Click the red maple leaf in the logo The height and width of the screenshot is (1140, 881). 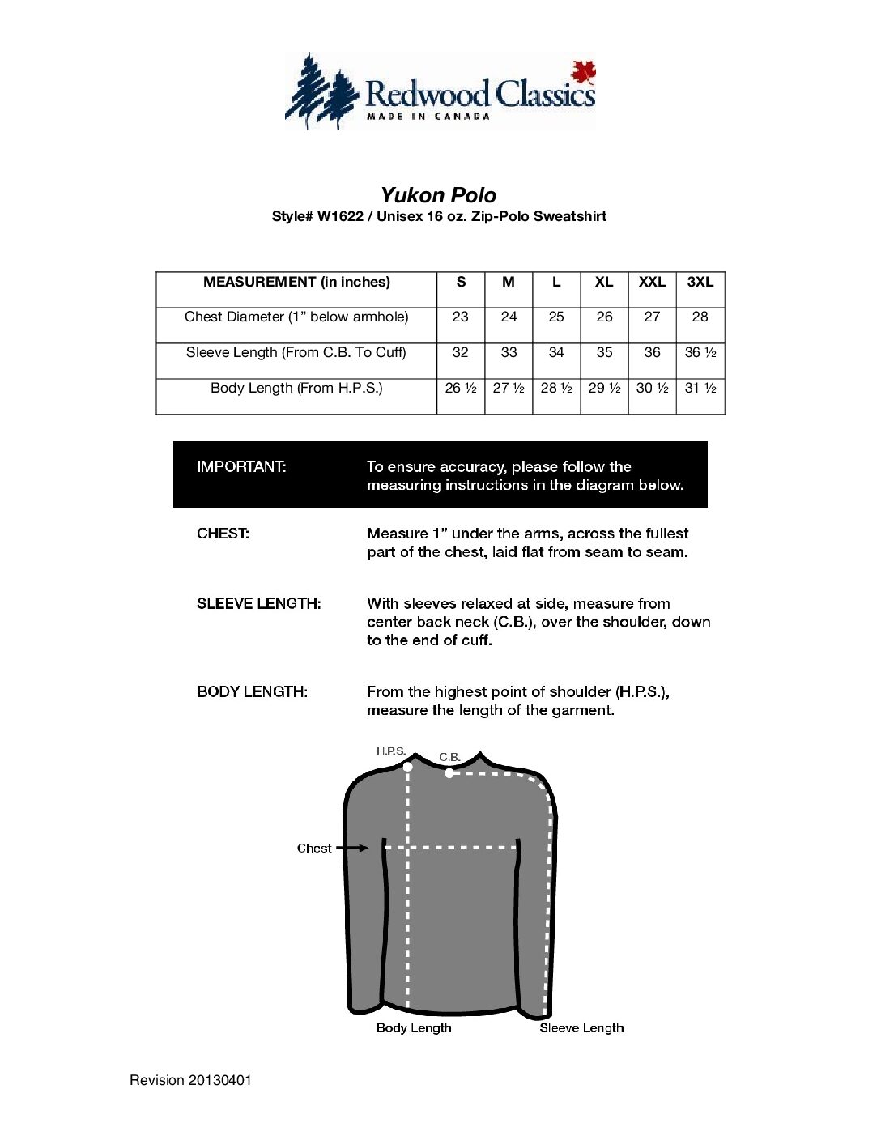coord(583,72)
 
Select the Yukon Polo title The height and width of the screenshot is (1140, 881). coord(438,195)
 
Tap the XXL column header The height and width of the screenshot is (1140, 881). coord(652,282)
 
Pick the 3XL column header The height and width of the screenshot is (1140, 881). coord(700,282)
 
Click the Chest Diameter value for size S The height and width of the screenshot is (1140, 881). coord(460,317)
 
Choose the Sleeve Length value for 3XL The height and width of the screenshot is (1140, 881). coord(700,352)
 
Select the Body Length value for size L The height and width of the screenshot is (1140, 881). coord(556,388)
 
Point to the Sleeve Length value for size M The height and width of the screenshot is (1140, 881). coord(509,352)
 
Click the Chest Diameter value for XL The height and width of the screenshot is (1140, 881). coord(604,317)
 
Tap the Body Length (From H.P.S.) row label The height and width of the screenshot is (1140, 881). coord(296,388)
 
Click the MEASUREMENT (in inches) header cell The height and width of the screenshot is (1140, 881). coord(296,282)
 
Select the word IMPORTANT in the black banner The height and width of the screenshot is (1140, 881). coord(241,466)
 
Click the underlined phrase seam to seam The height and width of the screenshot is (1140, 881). coord(635,552)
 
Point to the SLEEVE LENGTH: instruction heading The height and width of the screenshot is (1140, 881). coord(258,603)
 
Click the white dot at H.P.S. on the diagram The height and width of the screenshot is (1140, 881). coord(407,766)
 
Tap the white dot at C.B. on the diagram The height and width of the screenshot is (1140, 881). coord(449,772)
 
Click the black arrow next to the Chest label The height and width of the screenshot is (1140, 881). coord(352,848)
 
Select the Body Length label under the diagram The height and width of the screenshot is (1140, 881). coord(414,1027)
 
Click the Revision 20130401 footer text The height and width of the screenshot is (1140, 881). coord(190,1080)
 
